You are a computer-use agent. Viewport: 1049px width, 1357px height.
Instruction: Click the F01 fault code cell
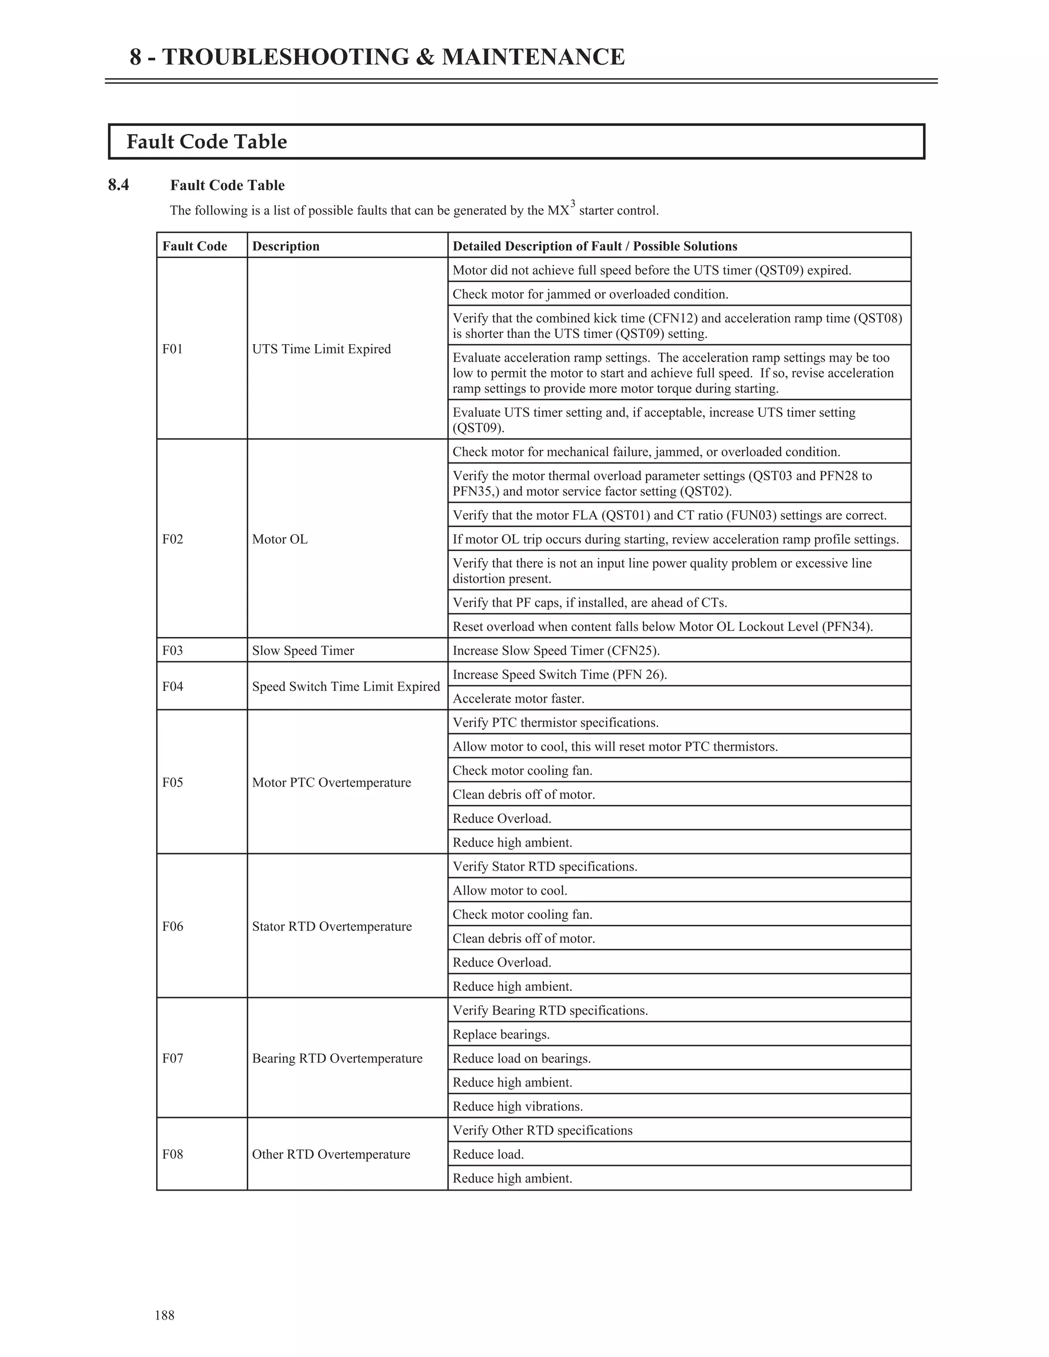(x=173, y=349)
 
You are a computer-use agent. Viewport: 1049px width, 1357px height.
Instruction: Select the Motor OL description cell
(x=280, y=539)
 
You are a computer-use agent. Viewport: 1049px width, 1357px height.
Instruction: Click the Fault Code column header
(x=195, y=246)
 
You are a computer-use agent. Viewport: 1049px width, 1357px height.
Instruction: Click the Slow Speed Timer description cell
(x=303, y=650)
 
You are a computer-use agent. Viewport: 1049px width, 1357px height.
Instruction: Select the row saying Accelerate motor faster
(x=518, y=698)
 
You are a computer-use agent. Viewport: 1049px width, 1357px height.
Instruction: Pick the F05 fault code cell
(x=173, y=782)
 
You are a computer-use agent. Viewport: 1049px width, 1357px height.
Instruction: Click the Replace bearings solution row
(x=501, y=1034)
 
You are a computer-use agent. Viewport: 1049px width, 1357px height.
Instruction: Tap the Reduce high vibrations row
(x=518, y=1106)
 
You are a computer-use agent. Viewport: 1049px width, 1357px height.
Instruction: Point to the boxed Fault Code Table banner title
(x=206, y=142)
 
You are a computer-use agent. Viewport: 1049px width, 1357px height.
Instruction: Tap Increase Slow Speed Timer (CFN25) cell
(x=556, y=650)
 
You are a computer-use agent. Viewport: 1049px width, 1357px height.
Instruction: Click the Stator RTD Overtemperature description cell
(x=332, y=926)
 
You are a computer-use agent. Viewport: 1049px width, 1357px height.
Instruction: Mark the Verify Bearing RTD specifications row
(x=550, y=1010)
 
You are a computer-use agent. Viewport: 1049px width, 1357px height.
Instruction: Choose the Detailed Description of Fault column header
(x=595, y=246)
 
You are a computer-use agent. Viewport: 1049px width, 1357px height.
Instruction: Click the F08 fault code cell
(x=173, y=1154)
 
